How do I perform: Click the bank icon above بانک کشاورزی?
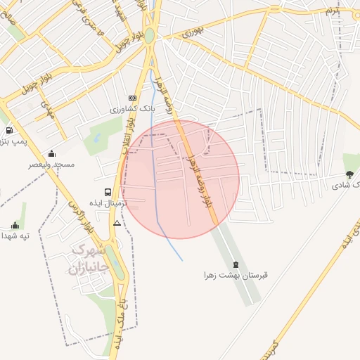(x=131, y=98)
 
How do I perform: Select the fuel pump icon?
(x=8, y=130)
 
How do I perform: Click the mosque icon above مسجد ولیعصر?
(x=51, y=153)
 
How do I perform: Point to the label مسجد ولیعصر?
(x=51, y=165)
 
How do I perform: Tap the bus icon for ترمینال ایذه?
(x=108, y=192)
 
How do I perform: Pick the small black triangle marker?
(x=117, y=223)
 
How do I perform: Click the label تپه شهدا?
(x=15, y=236)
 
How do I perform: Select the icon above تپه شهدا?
(x=15, y=225)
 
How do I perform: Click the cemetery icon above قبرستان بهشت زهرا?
(x=236, y=265)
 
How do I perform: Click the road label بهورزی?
(x=193, y=31)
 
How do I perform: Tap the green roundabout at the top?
(x=150, y=35)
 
